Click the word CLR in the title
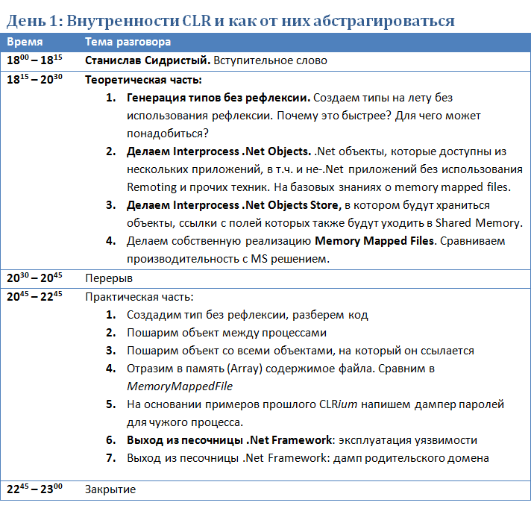(x=197, y=20)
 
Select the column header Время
(x=25, y=43)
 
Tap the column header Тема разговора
(x=128, y=43)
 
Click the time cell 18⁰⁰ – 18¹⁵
(x=35, y=60)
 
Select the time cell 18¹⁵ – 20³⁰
(x=35, y=78)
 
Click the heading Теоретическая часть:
(x=144, y=79)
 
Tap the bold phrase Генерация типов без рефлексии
(x=218, y=98)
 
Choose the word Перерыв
(x=109, y=278)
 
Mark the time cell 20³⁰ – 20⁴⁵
(x=35, y=278)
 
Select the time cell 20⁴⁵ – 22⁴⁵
(x=35, y=295)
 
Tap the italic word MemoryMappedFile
(x=180, y=386)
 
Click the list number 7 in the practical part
(x=110, y=457)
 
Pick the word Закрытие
(x=110, y=489)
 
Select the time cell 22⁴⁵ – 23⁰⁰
(x=35, y=489)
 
